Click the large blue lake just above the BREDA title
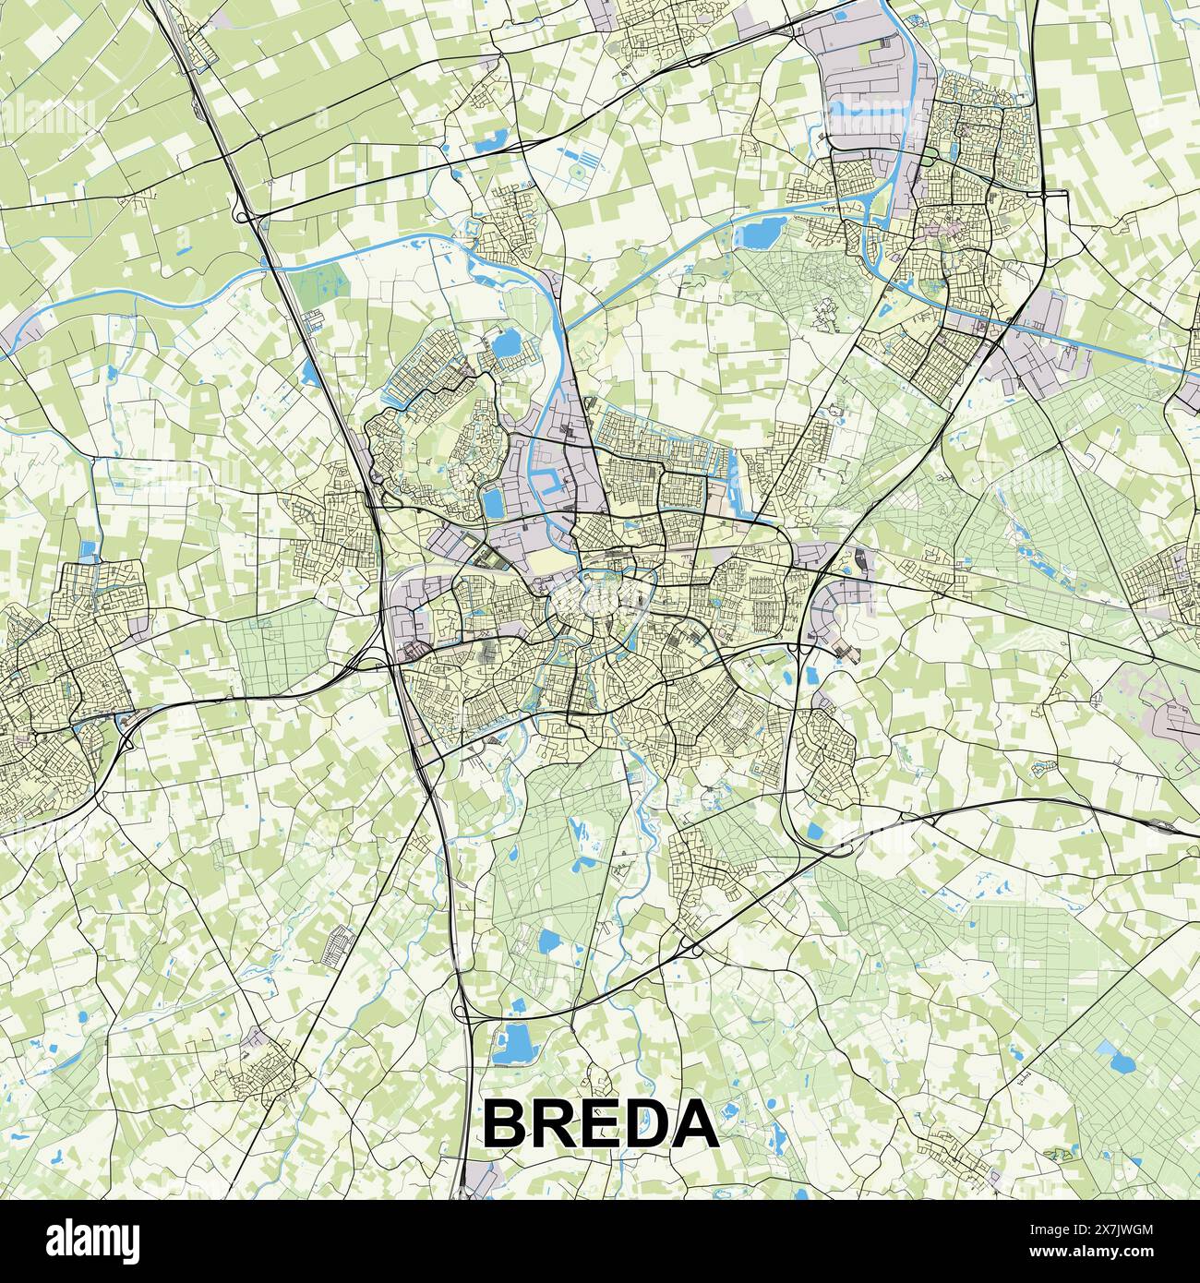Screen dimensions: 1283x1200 tap(513, 1044)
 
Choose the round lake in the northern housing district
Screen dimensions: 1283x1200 tap(505, 344)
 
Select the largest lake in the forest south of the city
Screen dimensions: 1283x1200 tap(549, 942)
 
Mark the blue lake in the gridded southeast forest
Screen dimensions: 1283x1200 tap(1122, 1060)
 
